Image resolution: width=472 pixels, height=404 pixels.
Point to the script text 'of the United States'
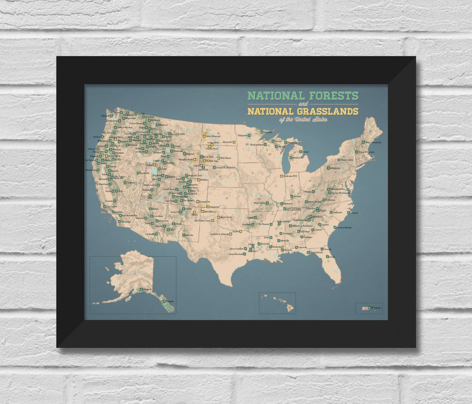tap(303, 120)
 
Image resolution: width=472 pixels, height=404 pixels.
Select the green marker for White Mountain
tap(363, 143)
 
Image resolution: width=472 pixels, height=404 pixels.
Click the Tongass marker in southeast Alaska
tap(162, 301)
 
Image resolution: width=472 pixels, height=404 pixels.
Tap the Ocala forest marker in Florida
tap(322, 249)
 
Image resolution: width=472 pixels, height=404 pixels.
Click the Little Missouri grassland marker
tap(203, 136)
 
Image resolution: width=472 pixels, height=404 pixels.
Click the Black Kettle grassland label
tap(226, 217)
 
